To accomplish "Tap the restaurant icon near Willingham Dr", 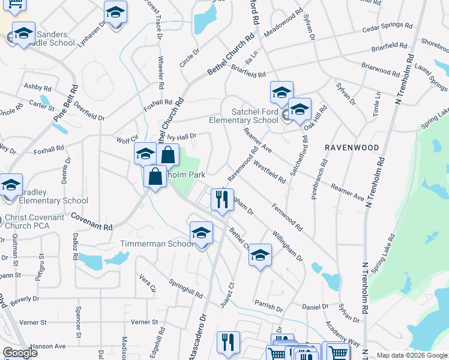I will point(222,199).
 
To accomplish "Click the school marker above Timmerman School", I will point(201,233).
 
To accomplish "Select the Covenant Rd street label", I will point(92,221).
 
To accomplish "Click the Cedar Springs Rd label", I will point(388,28).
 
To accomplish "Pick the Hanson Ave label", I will point(48,346).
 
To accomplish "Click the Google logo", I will point(20,353).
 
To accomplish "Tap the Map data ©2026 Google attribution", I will point(412,355).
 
